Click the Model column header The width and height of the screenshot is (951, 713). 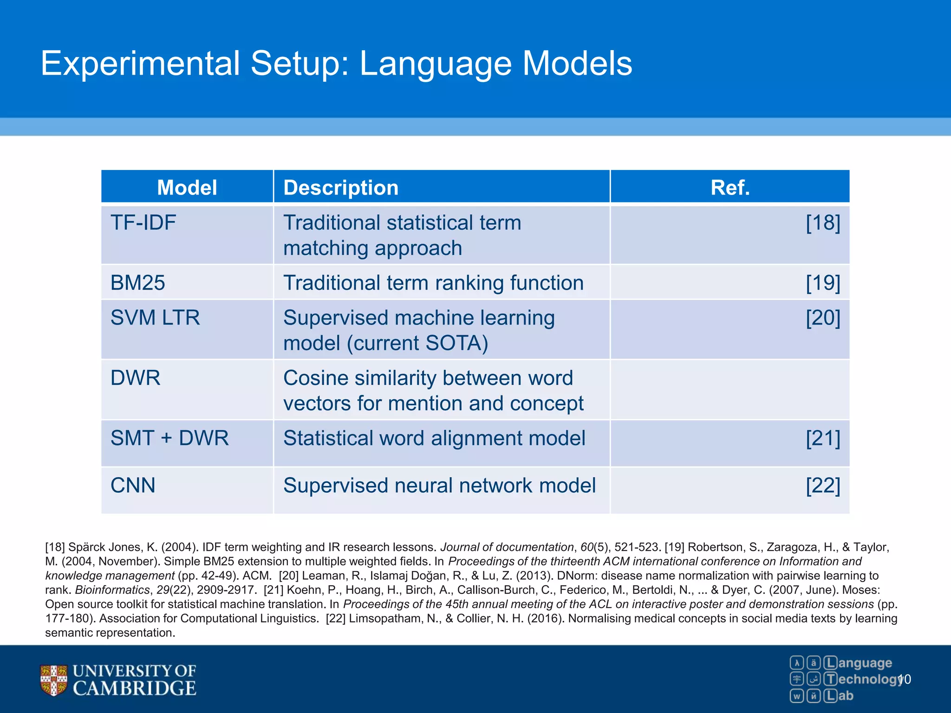(187, 188)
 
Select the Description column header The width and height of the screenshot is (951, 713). (341, 188)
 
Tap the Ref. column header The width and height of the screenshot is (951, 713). (730, 188)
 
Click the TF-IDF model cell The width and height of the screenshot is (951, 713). (143, 223)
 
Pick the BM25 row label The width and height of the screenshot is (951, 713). (137, 283)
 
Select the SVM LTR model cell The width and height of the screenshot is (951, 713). (155, 318)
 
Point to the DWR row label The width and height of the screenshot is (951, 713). (135, 378)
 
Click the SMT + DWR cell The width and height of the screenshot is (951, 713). (169, 438)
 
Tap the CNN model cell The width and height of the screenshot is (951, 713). (133, 486)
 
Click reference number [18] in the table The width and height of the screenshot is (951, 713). (822, 223)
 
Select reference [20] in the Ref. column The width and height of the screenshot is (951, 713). (822, 318)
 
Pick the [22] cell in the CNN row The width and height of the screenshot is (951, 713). (822, 486)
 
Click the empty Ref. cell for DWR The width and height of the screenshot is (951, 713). (730, 390)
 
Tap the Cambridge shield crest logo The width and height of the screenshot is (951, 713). (53, 680)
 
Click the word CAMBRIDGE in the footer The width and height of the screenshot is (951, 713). (135, 688)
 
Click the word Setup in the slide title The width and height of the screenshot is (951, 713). (300, 64)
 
